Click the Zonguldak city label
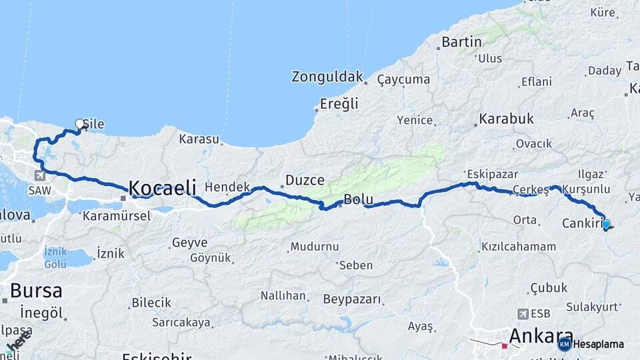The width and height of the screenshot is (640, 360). (x=327, y=77)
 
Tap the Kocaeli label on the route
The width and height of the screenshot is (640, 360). (x=162, y=188)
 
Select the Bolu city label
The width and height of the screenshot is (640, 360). (x=358, y=199)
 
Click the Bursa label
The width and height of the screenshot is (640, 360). (x=36, y=291)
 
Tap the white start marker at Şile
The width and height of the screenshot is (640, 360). (x=80, y=124)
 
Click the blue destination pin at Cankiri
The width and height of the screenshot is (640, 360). (x=606, y=225)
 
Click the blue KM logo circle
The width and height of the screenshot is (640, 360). (x=565, y=344)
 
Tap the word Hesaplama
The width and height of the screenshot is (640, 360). (x=599, y=345)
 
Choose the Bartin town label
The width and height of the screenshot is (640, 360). (x=461, y=43)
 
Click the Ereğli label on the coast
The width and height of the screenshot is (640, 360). (x=339, y=103)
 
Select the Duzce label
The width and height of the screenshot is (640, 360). (x=305, y=180)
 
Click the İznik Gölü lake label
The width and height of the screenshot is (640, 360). (x=55, y=258)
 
